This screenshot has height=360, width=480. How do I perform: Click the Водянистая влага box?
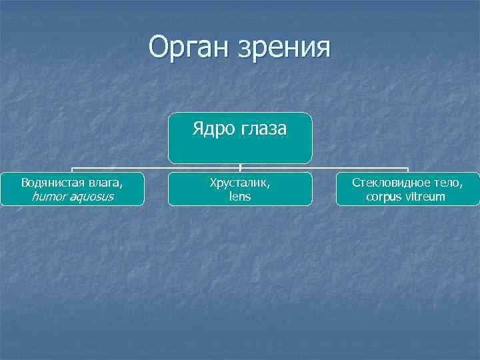[72, 189]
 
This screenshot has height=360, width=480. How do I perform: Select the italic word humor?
[47, 197]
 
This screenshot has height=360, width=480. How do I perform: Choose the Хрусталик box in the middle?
[240, 189]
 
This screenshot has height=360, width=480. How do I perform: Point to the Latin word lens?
[240, 197]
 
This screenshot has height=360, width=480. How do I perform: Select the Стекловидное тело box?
[407, 189]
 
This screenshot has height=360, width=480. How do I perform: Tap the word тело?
[448, 182]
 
